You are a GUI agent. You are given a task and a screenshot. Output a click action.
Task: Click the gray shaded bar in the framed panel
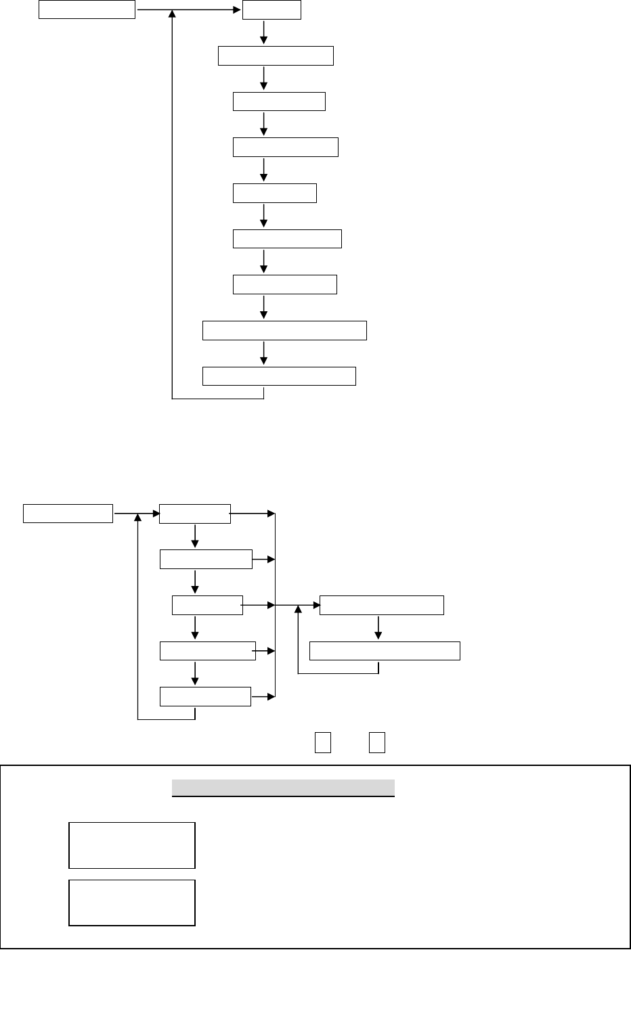(x=283, y=788)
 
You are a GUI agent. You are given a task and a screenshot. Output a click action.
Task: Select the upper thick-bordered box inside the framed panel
(x=132, y=845)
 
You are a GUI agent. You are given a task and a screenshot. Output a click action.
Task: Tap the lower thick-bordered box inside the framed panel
(x=132, y=903)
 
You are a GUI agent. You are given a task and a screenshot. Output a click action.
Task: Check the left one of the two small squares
(x=322, y=742)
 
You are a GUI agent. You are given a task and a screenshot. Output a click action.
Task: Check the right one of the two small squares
(x=377, y=742)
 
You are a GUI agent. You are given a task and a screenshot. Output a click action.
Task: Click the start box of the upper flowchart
(x=87, y=10)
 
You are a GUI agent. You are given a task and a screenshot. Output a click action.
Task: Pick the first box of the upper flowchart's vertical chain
(x=271, y=10)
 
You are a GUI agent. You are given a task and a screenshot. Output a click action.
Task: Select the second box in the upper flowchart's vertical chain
(x=276, y=55)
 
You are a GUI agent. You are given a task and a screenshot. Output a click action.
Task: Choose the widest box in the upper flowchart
(x=284, y=330)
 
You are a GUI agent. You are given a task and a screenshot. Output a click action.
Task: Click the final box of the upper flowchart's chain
(x=279, y=376)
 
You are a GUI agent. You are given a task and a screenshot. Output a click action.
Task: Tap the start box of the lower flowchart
(x=68, y=514)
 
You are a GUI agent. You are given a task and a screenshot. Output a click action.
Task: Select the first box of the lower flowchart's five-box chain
(x=195, y=514)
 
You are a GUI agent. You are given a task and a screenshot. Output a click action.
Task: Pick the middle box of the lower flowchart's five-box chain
(x=207, y=605)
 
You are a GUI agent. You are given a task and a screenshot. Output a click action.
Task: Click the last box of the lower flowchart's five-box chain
(x=205, y=696)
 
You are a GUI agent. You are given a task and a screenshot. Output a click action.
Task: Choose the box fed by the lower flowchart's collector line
(x=381, y=605)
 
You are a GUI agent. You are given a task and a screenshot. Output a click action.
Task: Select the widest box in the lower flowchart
(x=385, y=651)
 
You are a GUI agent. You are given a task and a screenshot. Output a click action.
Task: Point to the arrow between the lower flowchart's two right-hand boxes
(x=378, y=628)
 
